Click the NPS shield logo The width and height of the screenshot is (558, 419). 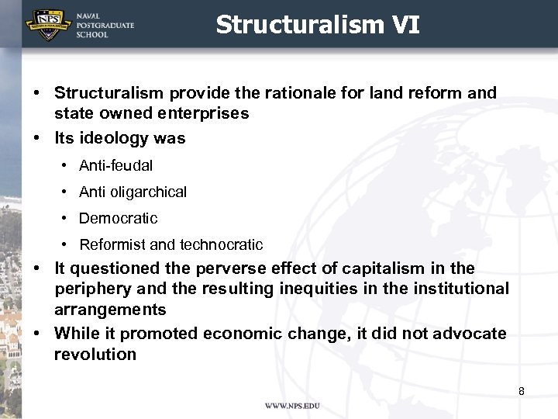47,24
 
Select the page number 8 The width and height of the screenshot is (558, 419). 522,391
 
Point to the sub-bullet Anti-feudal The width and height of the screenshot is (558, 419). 115,165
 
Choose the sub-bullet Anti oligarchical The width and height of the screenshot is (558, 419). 133,192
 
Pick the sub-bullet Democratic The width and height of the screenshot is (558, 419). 118,218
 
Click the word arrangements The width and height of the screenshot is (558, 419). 110,310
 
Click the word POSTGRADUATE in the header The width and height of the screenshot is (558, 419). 105,26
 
